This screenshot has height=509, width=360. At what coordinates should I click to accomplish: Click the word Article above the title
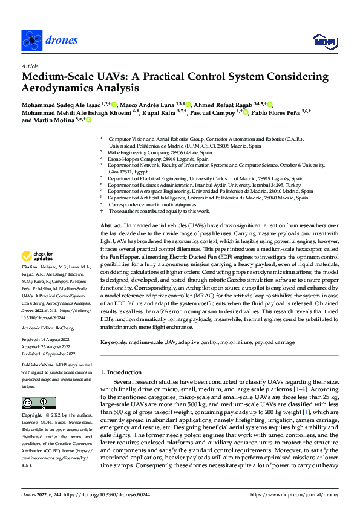click(x=29, y=66)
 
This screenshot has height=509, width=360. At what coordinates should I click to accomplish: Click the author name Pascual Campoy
click(x=215, y=112)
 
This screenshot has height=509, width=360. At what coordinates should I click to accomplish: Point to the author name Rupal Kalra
click(x=160, y=112)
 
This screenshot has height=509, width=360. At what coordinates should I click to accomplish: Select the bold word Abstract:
click(x=110, y=224)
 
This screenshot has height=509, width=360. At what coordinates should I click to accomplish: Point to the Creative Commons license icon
click(x=38, y=403)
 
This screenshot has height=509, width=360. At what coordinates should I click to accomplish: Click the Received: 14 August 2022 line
click(x=44, y=339)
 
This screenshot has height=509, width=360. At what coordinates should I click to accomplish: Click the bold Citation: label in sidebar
click(x=30, y=266)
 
